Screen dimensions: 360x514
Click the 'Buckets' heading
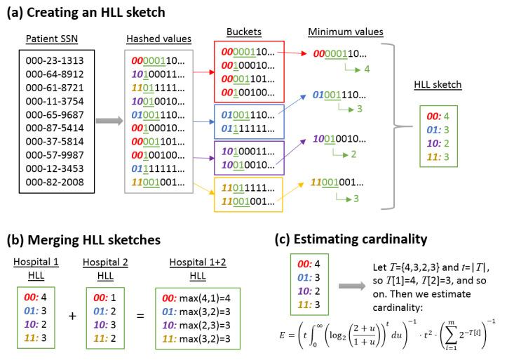(x=245, y=33)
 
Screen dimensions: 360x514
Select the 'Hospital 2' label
(x=107, y=261)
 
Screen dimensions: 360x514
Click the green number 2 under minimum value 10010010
(x=353, y=154)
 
